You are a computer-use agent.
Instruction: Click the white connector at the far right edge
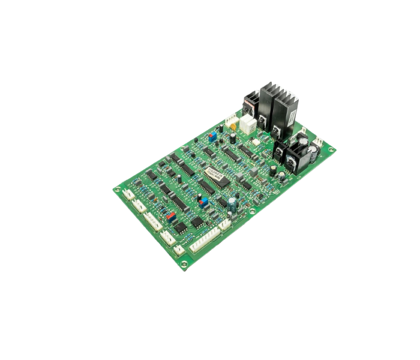pyautogui.click(x=318, y=140)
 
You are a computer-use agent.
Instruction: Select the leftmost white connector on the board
pyautogui.click(x=128, y=194)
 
